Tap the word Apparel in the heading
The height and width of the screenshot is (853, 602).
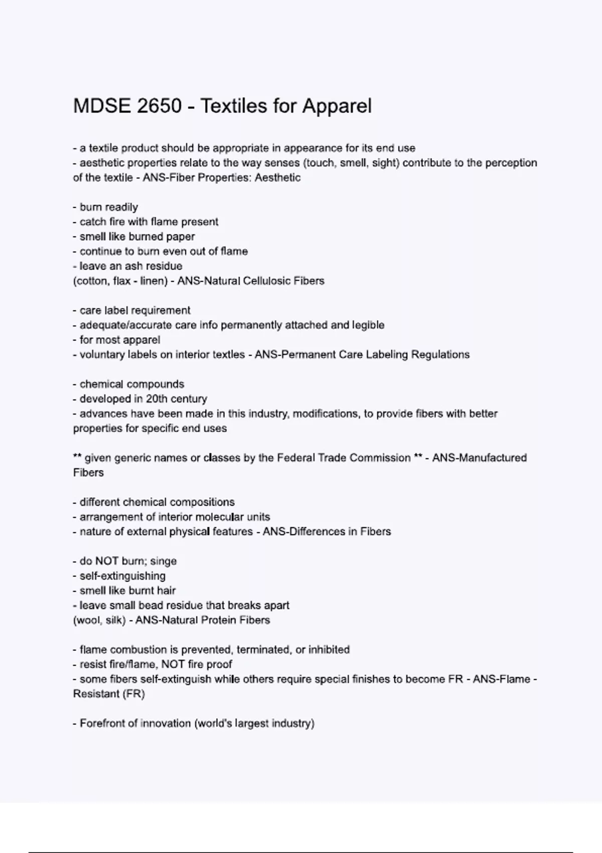(337, 106)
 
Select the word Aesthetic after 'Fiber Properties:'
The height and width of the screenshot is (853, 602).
(277, 178)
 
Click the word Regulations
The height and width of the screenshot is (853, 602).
(440, 355)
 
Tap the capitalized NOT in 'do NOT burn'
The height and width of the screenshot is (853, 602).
(107, 561)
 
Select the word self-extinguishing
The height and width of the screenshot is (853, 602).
(122, 576)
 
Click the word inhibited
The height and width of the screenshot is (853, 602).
(329, 650)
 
